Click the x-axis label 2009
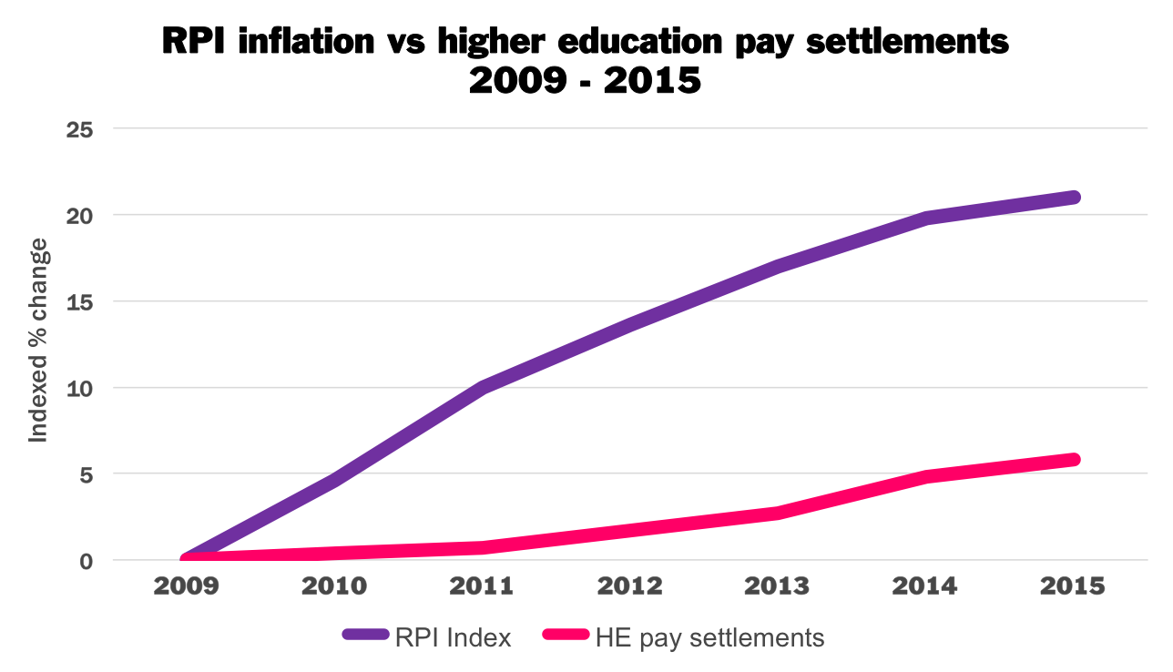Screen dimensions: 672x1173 point(187,585)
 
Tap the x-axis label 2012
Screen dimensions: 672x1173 point(629,585)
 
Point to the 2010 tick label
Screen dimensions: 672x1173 point(334,585)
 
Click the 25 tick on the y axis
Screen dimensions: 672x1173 point(80,128)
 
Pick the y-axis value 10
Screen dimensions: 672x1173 point(80,388)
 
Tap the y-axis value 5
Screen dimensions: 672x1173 point(87,474)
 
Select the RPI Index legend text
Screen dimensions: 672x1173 point(454,637)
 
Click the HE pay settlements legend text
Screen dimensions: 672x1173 point(709,637)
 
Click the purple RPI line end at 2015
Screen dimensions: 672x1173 point(1073,197)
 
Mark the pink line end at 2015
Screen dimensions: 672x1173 point(1073,460)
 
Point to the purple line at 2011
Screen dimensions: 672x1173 point(482,387)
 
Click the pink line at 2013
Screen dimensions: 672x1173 point(777,513)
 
